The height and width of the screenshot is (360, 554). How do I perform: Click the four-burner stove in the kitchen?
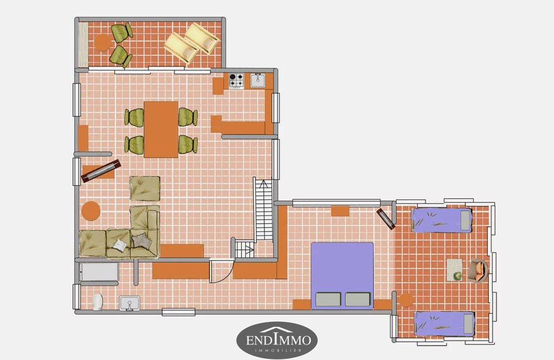click(237, 81)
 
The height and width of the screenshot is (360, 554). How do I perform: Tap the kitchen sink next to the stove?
click(258, 80)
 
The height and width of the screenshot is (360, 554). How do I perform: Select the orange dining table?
click(161, 129)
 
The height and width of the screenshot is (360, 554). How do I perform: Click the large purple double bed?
click(342, 276)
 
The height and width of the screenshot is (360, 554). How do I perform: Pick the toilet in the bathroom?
click(98, 302)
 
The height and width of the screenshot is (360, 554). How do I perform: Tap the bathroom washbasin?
click(129, 304)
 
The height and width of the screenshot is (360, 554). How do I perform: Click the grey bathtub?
click(99, 272)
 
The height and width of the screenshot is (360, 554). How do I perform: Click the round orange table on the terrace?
click(103, 43)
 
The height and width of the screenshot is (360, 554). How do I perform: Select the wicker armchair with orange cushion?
click(478, 271)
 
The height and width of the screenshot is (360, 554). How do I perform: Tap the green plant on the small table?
click(458, 275)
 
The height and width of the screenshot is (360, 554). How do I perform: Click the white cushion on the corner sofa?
click(120, 245)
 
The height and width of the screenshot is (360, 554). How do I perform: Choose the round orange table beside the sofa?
click(91, 211)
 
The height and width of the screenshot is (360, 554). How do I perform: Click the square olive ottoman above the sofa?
click(145, 189)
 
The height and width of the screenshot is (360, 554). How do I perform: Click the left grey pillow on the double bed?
click(328, 299)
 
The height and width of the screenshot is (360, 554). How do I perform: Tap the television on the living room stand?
click(101, 171)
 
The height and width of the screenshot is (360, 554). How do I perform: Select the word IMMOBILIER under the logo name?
click(279, 351)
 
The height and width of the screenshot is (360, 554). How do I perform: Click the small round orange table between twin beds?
click(406, 300)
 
